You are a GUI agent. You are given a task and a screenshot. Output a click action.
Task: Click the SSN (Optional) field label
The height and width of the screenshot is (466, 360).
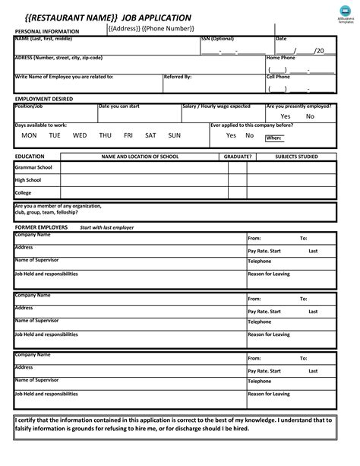click(217, 38)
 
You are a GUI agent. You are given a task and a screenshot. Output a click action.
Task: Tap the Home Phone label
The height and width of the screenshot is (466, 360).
click(280, 58)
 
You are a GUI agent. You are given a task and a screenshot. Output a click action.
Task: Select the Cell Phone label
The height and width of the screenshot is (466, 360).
click(278, 77)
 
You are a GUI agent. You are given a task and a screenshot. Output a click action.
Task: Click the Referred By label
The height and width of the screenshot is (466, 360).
click(178, 77)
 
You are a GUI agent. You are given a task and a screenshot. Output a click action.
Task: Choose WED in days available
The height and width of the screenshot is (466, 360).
click(80, 135)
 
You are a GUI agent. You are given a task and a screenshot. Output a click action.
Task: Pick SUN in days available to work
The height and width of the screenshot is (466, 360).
click(175, 135)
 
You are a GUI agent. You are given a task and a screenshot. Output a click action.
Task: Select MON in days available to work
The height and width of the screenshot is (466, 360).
click(29, 135)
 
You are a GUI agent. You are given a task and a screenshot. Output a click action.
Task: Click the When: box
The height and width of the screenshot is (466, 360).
click(275, 138)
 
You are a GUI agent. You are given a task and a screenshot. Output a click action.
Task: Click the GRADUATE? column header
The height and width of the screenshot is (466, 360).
click(238, 156)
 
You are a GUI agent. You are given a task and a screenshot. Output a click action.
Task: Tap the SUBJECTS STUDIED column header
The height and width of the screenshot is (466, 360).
click(296, 156)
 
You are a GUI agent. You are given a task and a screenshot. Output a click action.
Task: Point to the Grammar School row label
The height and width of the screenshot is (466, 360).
click(34, 167)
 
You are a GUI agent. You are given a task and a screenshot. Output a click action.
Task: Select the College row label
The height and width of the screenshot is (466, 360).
click(24, 192)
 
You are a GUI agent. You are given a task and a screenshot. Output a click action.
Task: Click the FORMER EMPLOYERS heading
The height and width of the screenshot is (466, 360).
click(41, 227)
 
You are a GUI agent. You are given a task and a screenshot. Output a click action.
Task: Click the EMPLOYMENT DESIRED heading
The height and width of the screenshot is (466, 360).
click(43, 100)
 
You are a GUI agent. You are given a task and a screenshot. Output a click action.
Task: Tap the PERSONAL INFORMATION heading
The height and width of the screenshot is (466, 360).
click(47, 31)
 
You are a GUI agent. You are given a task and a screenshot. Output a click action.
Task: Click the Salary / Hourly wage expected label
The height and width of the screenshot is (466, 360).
click(216, 106)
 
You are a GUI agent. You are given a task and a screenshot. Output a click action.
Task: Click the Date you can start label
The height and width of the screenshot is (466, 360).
click(120, 106)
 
